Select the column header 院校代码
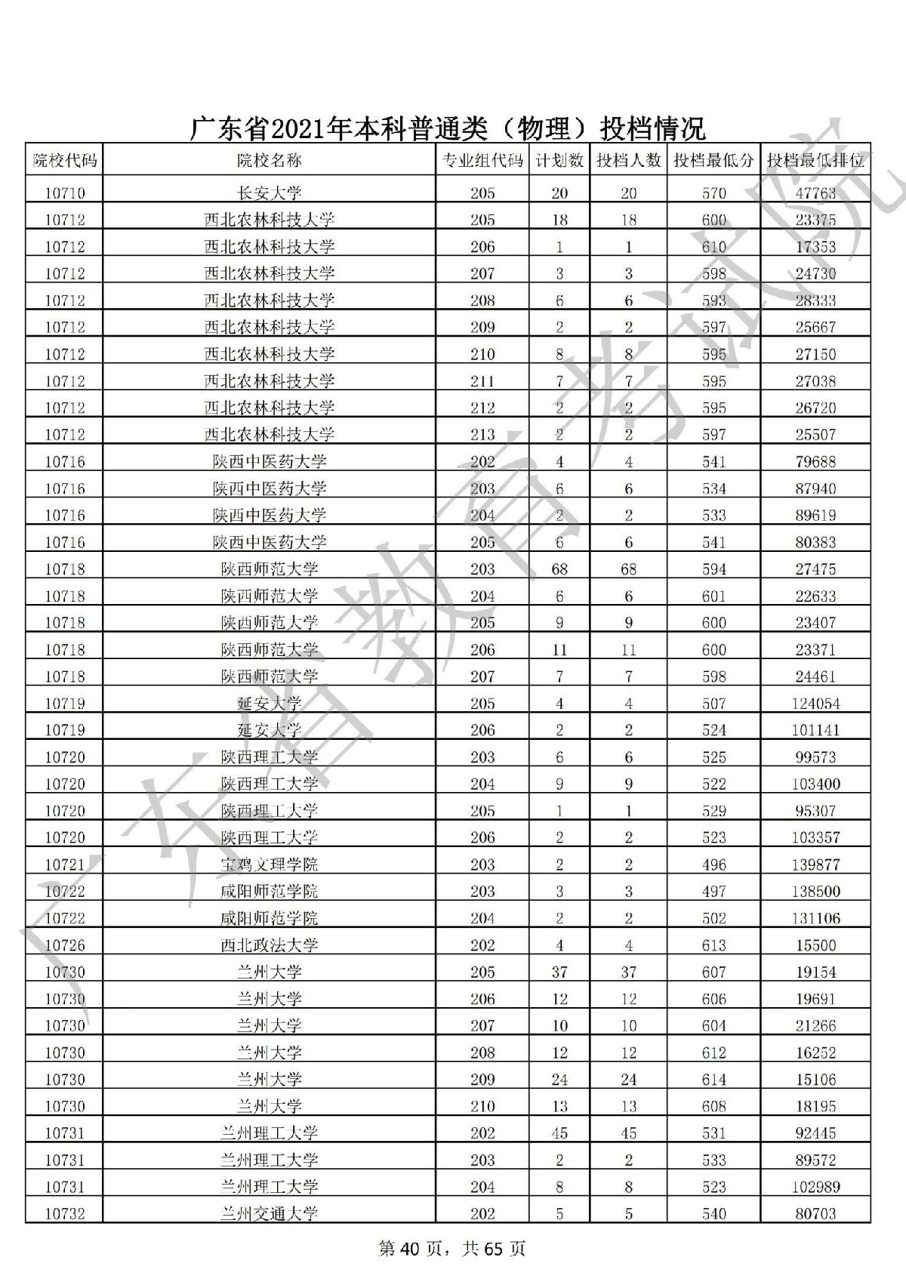[x=65, y=160]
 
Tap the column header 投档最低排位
[x=815, y=160]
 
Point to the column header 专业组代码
[x=482, y=160]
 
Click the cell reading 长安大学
[x=269, y=193]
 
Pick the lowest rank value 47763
[x=815, y=193]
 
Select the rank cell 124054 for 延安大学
[x=815, y=704]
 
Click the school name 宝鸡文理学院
[x=269, y=864]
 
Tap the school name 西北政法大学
[x=269, y=945]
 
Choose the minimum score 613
[x=713, y=945]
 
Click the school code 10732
[x=65, y=1213]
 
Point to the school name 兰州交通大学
[x=269, y=1213]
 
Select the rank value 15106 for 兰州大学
[x=815, y=1080]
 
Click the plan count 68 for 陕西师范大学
[x=559, y=569]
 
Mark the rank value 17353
[x=815, y=247]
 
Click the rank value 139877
[x=815, y=864]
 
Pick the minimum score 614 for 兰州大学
[x=713, y=1080]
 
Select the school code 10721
[x=65, y=864]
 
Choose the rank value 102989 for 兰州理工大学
[x=815, y=1187]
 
